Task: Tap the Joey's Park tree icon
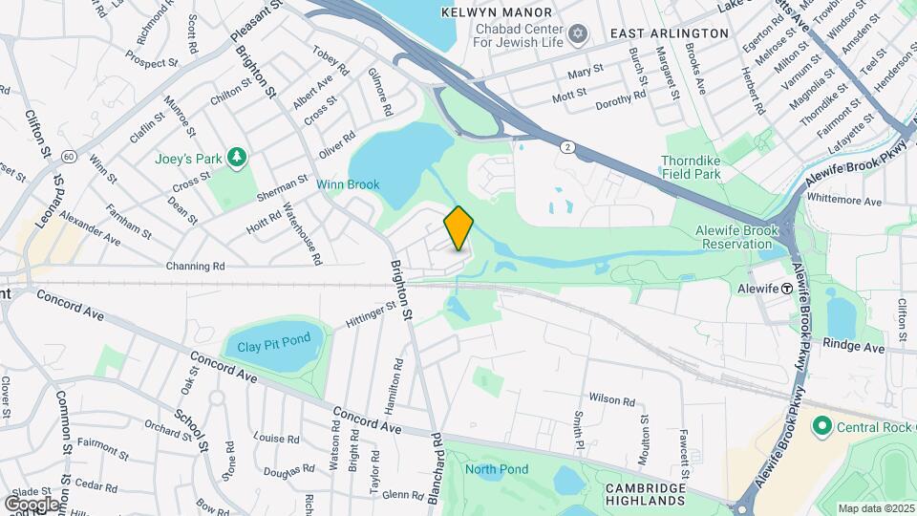238,158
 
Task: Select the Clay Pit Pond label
274,345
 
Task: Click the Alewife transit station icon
786,288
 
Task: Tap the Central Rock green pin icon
821,424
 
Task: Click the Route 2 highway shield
567,146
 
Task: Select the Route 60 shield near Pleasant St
68,156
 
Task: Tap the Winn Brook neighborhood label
348,184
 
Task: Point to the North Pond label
497,469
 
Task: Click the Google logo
32,503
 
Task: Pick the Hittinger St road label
371,315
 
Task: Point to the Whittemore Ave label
844,202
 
